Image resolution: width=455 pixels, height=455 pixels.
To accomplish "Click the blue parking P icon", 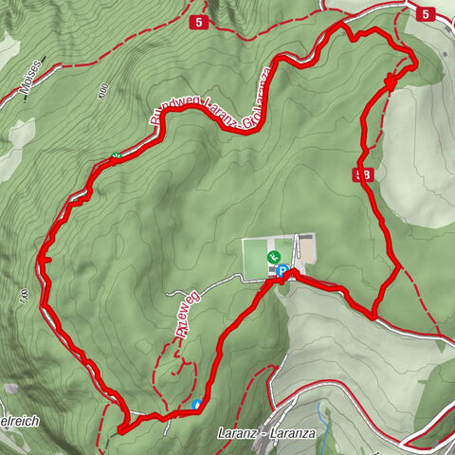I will point(282,271).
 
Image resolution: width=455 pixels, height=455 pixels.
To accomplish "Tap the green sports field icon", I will point(273,257).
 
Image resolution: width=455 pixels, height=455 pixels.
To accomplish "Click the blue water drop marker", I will point(196,405).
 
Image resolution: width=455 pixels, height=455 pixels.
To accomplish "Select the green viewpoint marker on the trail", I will point(115,157).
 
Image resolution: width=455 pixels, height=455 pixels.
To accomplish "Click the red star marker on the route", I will point(390,82).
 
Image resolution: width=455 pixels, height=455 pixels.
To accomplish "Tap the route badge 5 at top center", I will point(198,21).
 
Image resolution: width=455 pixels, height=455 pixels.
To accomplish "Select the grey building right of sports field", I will point(305,248).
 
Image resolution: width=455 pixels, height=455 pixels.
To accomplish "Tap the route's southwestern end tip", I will point(121,430).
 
